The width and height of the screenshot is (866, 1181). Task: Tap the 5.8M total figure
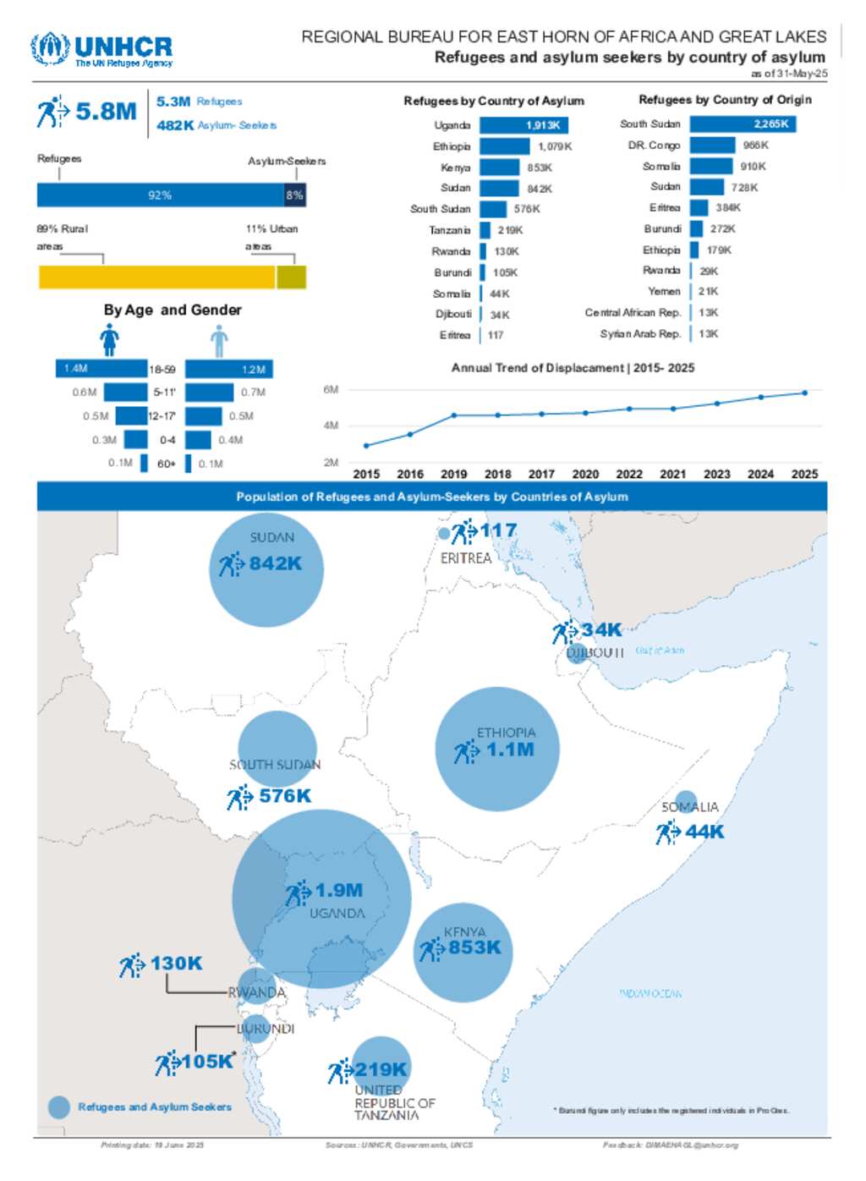point(106,112)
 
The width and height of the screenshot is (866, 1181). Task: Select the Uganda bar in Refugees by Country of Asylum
point(523,125)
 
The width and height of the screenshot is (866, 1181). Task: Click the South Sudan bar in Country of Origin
point(743,124)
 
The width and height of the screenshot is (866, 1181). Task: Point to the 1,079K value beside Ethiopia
point(555,146)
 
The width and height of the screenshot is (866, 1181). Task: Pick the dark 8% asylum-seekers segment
point(294,195)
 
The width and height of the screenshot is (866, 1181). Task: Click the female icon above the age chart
point(109,340)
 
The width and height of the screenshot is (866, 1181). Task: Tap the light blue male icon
point(219,341)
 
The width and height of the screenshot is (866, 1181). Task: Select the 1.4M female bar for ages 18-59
point(101,369)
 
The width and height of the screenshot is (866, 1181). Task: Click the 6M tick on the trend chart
point(331,390)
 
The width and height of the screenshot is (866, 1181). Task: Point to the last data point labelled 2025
point(804,393)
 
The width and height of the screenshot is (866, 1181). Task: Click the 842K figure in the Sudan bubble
point(275,563)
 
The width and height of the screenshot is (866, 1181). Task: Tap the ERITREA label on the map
point(465,558)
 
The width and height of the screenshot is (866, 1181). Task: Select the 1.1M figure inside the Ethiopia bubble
point(510,750)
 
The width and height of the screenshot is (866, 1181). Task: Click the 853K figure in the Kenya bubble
point(474,948)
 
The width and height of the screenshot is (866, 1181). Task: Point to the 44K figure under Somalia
point(704,832)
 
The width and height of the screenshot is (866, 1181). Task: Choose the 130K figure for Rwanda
point(176,964)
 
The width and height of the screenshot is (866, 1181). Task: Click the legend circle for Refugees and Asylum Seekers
point(59,1107)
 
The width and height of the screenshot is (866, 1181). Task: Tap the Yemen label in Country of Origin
point(664,291)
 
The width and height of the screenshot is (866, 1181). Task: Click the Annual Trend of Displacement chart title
point(573,368)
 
